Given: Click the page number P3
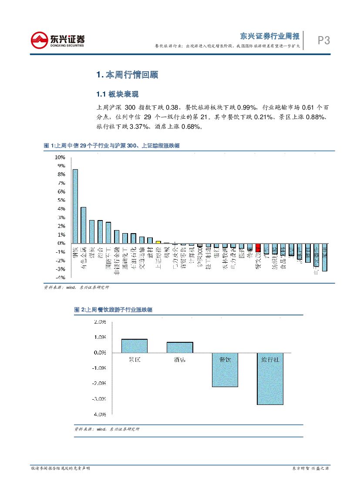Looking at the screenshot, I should (x=323, y=40).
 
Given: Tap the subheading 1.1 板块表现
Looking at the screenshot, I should (x=117, y=94).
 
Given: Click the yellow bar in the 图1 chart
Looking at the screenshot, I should (x=158, y=242).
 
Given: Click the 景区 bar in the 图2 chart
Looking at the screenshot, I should (x=134, y=346).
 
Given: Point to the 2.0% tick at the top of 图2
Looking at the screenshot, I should (x=100, y=322).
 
